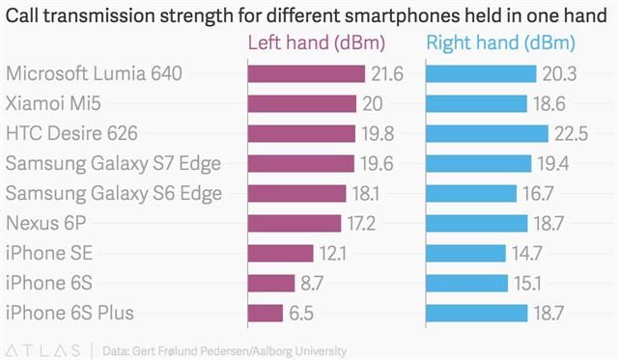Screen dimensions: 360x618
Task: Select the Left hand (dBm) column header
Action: coord(317,44)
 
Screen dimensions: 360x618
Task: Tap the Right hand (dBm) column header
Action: coord(500,44)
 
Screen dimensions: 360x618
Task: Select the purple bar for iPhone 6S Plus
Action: coord(266,313)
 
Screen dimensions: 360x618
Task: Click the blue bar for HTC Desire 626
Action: coord(487,133)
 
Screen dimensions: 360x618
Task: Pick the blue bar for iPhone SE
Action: coord(465,253)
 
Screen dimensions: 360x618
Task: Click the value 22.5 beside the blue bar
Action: coord(569,133)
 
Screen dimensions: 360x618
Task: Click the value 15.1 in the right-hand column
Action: coord(527,283)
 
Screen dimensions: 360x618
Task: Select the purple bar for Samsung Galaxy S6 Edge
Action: coord(296,193)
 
